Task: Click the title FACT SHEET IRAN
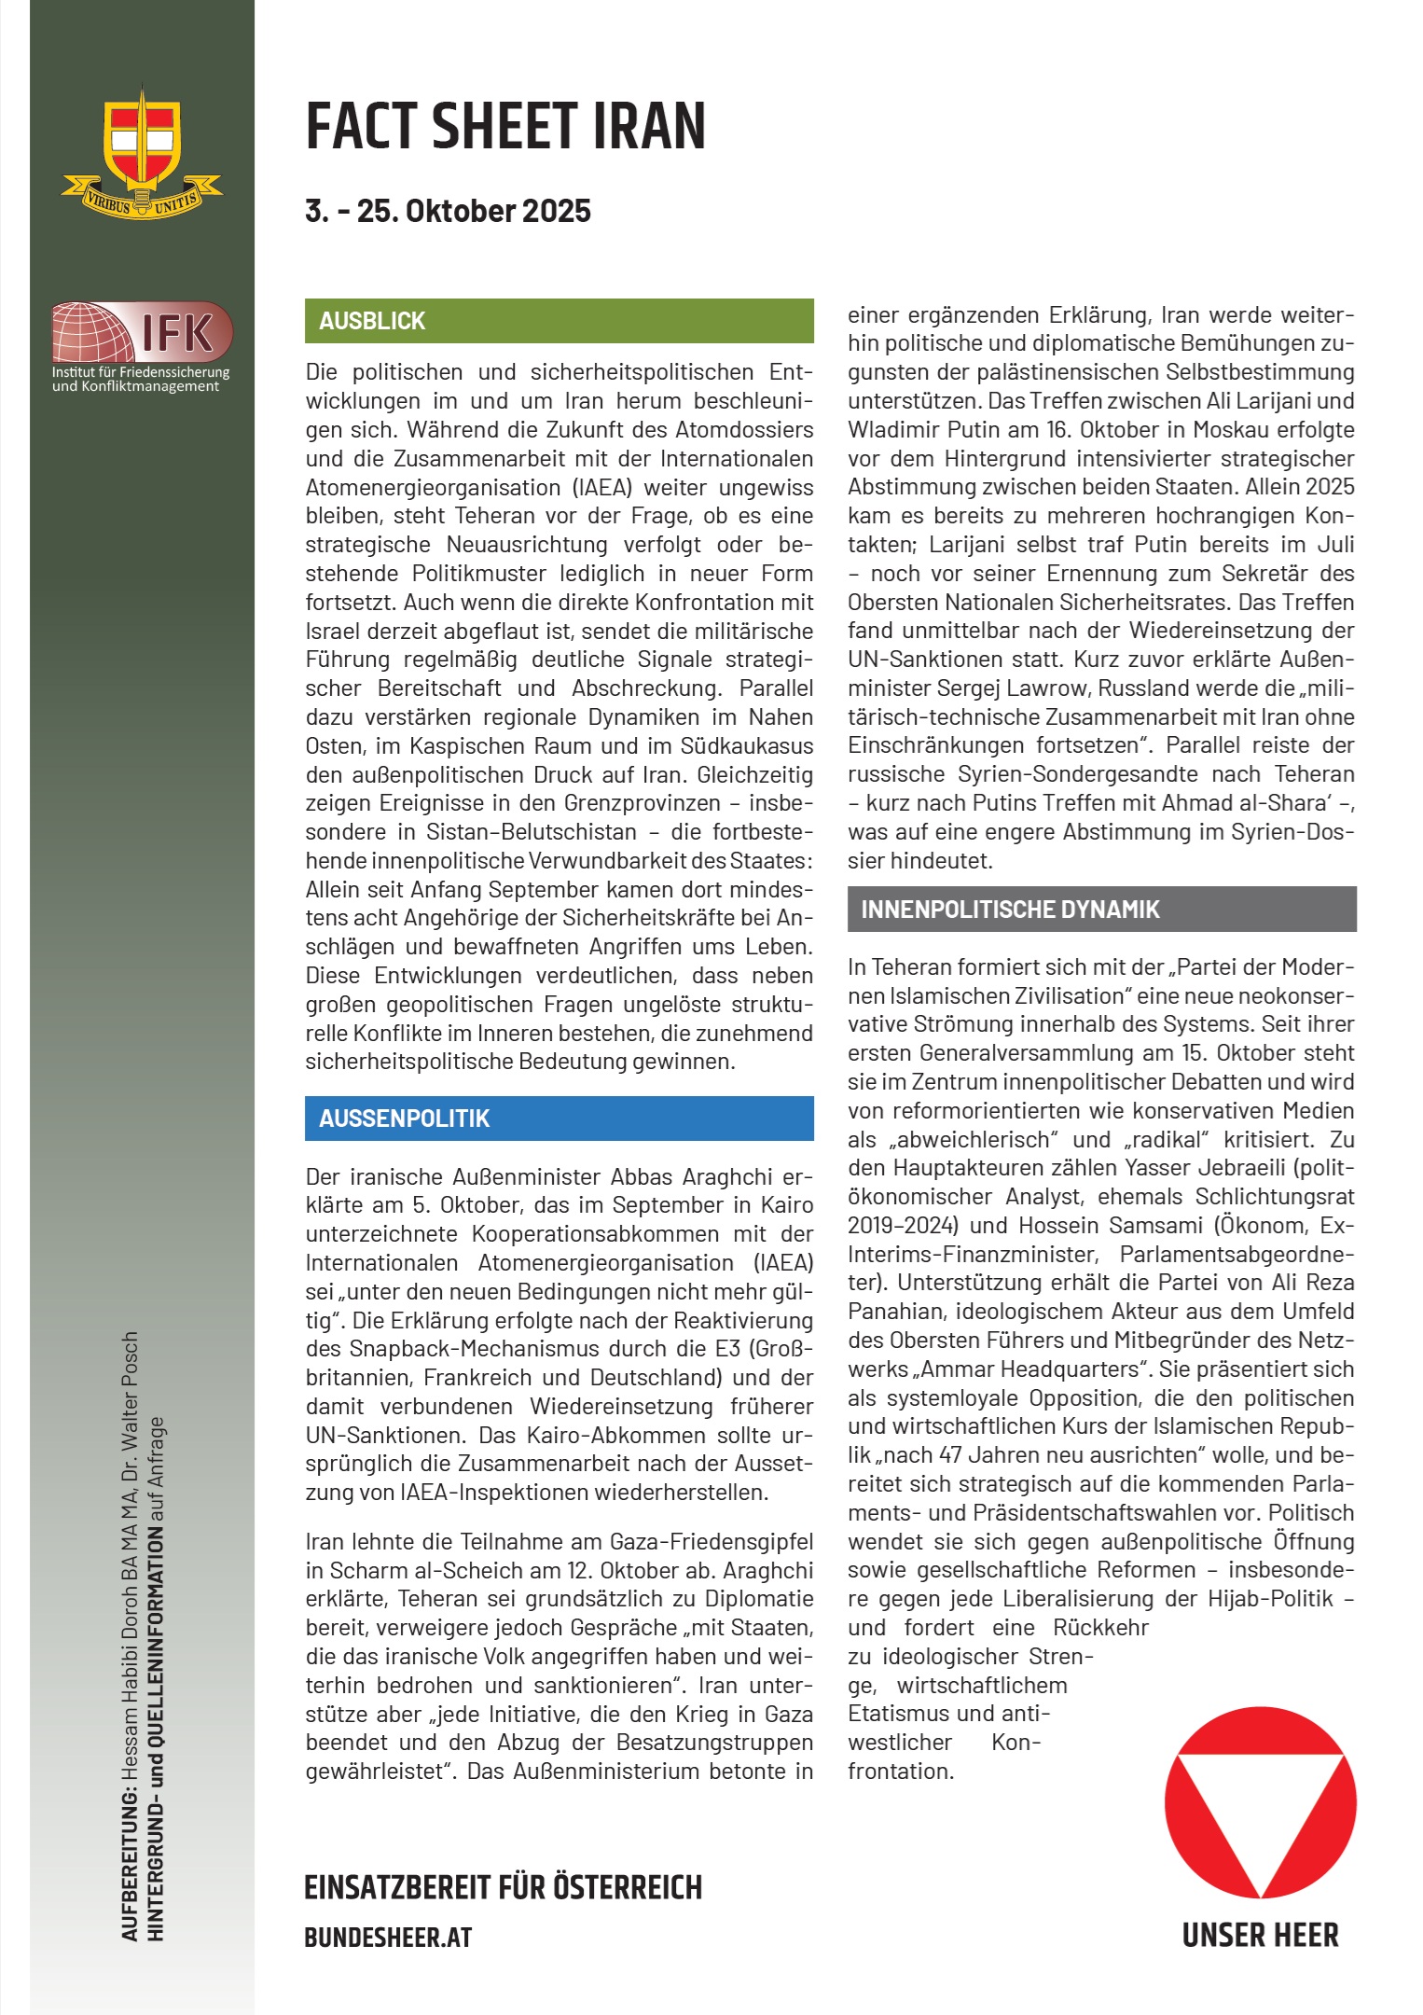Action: pyautogui.click(x=505, y=127)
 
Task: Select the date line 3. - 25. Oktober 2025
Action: pyautogui.click(x=448, y=211)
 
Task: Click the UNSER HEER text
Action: pyautogui.click(x=1260, y=1935)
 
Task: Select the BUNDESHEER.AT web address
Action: pyautogui.click(x=388, y=1938)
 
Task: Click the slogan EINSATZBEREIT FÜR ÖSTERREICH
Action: pyautogui.click(x=503, y=1887)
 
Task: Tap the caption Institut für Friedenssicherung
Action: pyautogui.click(x=141, y=372)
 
